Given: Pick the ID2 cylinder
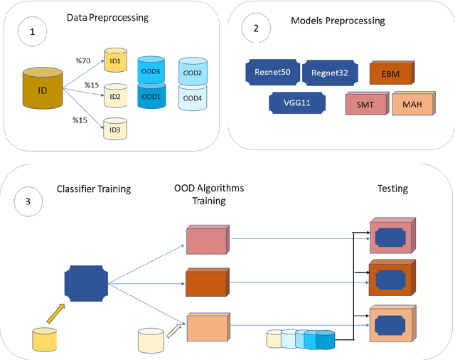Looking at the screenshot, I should coord(115,95).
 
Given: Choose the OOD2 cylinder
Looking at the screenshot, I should coord(193,72).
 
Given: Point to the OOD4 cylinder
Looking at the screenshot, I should coord(193,98).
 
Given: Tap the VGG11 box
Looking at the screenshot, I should coord(297,102).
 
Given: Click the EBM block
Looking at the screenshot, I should coord(392,72).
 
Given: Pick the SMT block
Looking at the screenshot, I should coord(366,104).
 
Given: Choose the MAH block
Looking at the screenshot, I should coord(410,104).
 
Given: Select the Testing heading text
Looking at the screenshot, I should coord(392,189).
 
